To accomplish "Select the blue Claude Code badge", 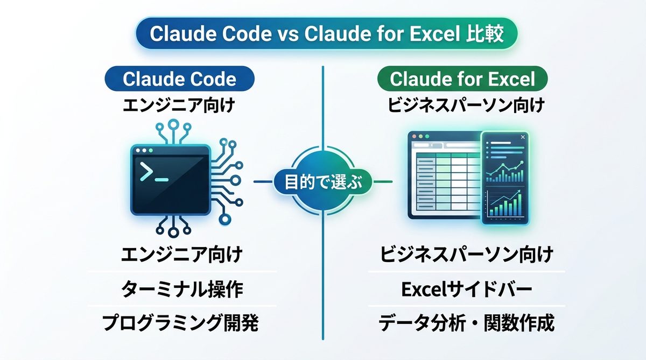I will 179,79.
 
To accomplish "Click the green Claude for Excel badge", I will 462,79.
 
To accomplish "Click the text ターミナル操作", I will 182,290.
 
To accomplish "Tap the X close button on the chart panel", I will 523,138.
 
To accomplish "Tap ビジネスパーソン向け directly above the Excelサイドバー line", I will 467,254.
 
